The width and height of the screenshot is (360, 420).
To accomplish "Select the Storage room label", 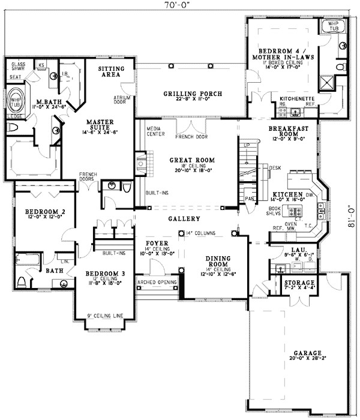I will point(299,283).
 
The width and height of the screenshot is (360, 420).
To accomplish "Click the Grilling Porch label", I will point(193,94).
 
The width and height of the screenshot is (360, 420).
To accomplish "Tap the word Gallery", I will point(179,218).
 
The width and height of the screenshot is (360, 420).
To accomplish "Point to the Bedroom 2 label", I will point(40,212).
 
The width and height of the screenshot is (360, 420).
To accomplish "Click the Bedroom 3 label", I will point(104,274).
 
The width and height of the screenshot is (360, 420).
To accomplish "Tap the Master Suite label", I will point(100,122).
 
